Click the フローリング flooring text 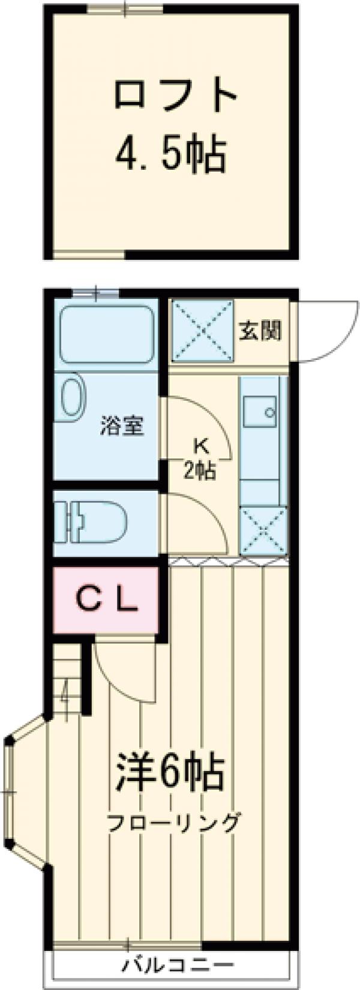(x=173, y=822)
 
